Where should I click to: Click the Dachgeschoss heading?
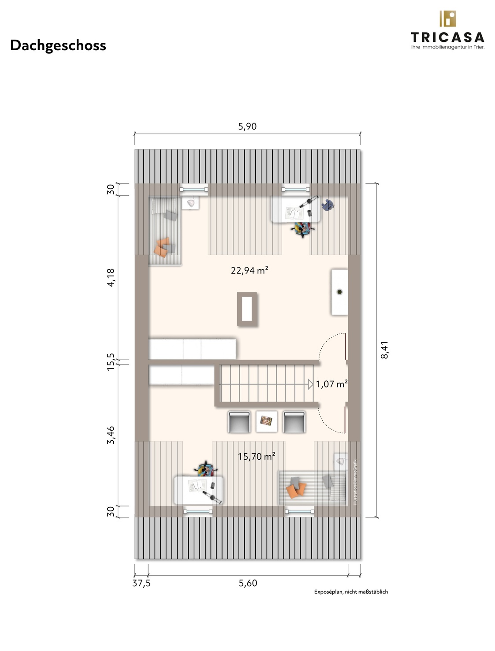coord(58,46)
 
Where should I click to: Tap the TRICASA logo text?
coord(447,37)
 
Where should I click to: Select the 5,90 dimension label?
coord(247,126)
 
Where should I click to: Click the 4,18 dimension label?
coord(110,277)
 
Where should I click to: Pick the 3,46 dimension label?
coord(110,435)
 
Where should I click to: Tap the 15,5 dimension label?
coord(110,361)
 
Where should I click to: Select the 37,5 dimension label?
coord(141,583)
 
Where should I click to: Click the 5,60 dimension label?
coord(248,583)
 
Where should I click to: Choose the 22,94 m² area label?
coord(249,270)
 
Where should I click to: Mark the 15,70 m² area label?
coord(256,456)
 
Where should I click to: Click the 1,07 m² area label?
coord(331,384)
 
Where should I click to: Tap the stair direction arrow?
coord(310,384)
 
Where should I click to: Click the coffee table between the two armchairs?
coord(266,421)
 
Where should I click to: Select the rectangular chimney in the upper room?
coord(247,309)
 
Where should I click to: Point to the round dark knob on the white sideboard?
coord(339,292)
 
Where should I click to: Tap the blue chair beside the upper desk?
coord(328,205)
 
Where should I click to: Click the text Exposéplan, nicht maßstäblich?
coord(351,591)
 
